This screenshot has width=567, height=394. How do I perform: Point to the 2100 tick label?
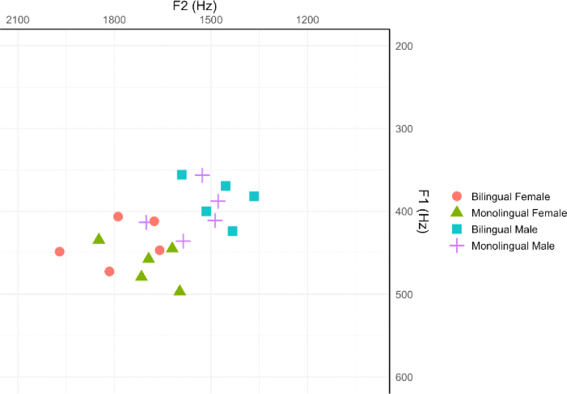(18, 20)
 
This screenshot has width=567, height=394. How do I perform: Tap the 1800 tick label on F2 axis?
(114, 20)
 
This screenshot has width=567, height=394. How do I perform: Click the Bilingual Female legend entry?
(510, 197)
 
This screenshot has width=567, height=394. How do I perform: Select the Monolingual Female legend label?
(519, 213)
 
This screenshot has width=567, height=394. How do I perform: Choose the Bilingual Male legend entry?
(504, 229)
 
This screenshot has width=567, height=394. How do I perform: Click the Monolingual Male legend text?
(513, 246)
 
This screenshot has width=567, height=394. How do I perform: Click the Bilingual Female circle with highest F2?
(59, 251)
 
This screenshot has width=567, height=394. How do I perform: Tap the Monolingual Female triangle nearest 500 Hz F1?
(180, 290)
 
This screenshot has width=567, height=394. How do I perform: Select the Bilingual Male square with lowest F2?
(254, 196)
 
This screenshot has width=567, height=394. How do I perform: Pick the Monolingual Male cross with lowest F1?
(203, 175)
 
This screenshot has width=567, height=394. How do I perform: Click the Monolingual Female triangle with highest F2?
(99, 239)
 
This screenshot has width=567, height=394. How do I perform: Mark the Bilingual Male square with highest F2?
(182, 175)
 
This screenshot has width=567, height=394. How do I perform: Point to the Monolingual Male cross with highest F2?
(145, 222)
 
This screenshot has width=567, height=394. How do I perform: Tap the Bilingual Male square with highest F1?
(233, 231)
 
